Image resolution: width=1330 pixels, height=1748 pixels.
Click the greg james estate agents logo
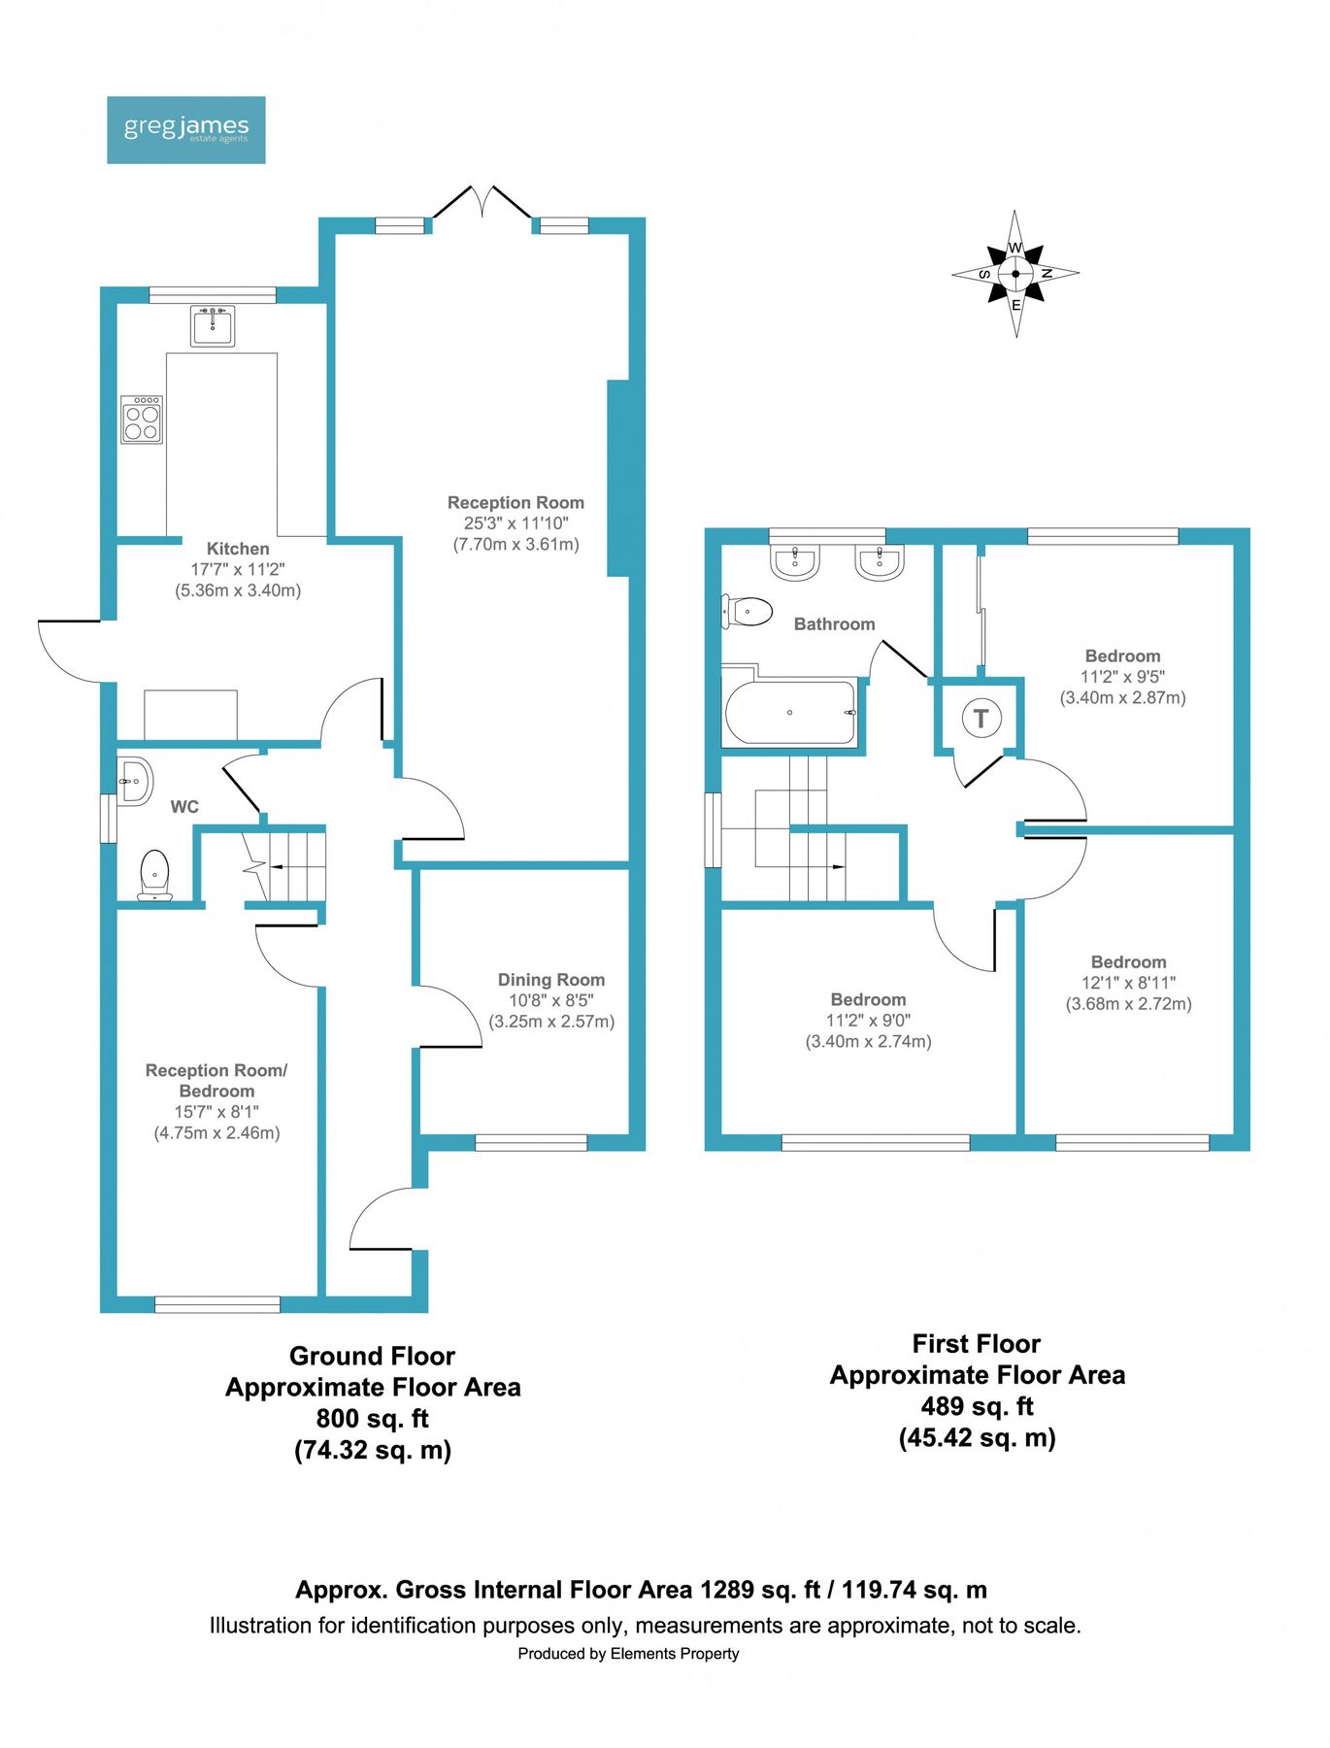[x=185, y=129]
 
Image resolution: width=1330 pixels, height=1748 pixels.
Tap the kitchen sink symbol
[x=213, y=326]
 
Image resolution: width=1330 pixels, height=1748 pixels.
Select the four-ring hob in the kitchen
[x=142, y=420]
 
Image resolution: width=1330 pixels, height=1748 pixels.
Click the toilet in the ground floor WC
[x=154, y=874]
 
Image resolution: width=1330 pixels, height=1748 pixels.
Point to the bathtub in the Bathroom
[x=790, y=713]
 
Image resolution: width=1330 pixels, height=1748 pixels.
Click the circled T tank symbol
[x=981, y=719]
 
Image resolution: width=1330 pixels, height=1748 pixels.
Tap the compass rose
[x=1015, y=274]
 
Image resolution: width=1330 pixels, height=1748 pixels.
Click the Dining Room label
[x=550, y=980]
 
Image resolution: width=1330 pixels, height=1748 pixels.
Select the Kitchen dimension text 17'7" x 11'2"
[x=237, y=569]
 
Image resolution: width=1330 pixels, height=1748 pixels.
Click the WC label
[x=184, y=807]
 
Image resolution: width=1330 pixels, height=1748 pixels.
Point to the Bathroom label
[x=834, y=624]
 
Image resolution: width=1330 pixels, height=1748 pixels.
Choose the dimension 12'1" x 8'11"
[x=1128, y=983]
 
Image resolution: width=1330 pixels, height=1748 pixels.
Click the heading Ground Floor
[x=372, y=1356]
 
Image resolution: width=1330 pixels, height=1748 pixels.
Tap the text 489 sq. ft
[x=977, y=1406]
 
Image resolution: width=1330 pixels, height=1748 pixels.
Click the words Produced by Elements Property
[x=628, y=1654]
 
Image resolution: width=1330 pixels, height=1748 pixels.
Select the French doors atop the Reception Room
[x=482, y=204]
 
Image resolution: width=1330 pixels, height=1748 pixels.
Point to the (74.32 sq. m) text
[x=373, y=1450]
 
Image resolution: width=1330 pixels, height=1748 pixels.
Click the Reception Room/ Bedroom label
[x=216, y=1080]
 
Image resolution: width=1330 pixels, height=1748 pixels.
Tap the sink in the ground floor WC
[x=135, y=781]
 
